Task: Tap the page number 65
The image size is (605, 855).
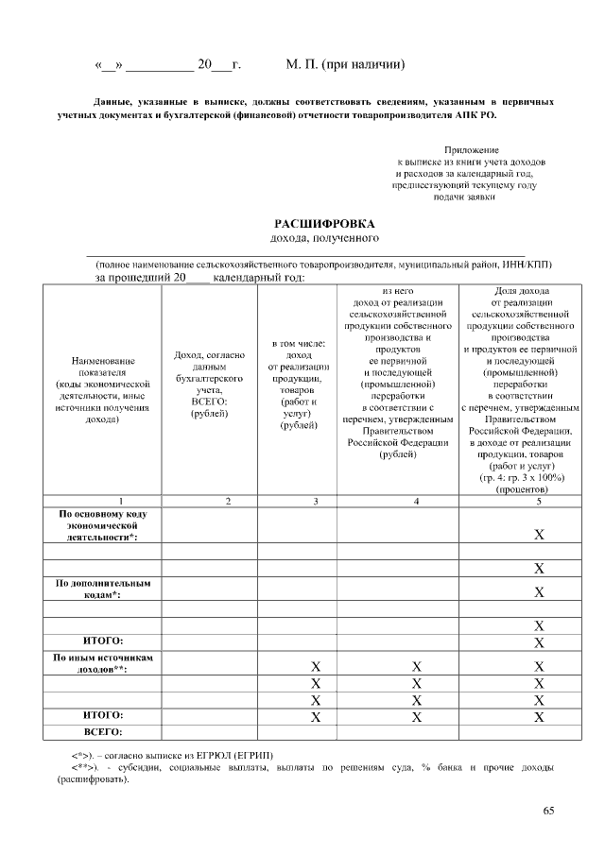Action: click(549, 811)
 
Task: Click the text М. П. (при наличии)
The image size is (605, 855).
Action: click(346, 65)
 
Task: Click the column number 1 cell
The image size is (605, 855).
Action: click(109, 500)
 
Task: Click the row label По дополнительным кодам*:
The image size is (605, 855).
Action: click(104, 590)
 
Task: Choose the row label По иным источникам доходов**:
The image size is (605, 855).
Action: click(104, 662)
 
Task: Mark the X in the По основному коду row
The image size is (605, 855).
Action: click(539, 535)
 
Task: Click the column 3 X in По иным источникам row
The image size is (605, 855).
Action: click(317, 667)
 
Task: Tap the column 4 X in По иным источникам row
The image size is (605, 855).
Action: click(416, 667)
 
